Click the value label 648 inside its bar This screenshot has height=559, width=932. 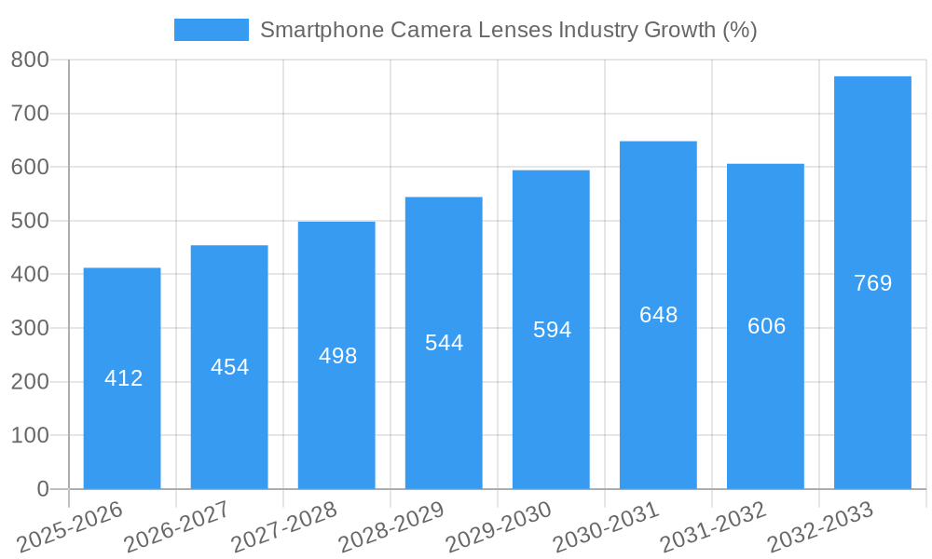pos(658,315)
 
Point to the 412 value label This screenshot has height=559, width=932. pos(123,378)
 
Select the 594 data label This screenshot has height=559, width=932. pos(552,330)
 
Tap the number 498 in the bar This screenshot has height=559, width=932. pos(337,356)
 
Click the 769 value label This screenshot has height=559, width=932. pos(872,283)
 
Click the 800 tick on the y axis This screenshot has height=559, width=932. pos(30,60)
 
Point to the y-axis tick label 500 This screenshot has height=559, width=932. pos(30,221)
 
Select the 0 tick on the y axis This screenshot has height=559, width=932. pos(42,489)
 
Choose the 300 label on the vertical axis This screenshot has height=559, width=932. pos(30,328)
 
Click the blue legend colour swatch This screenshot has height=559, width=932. pos(212,30)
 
